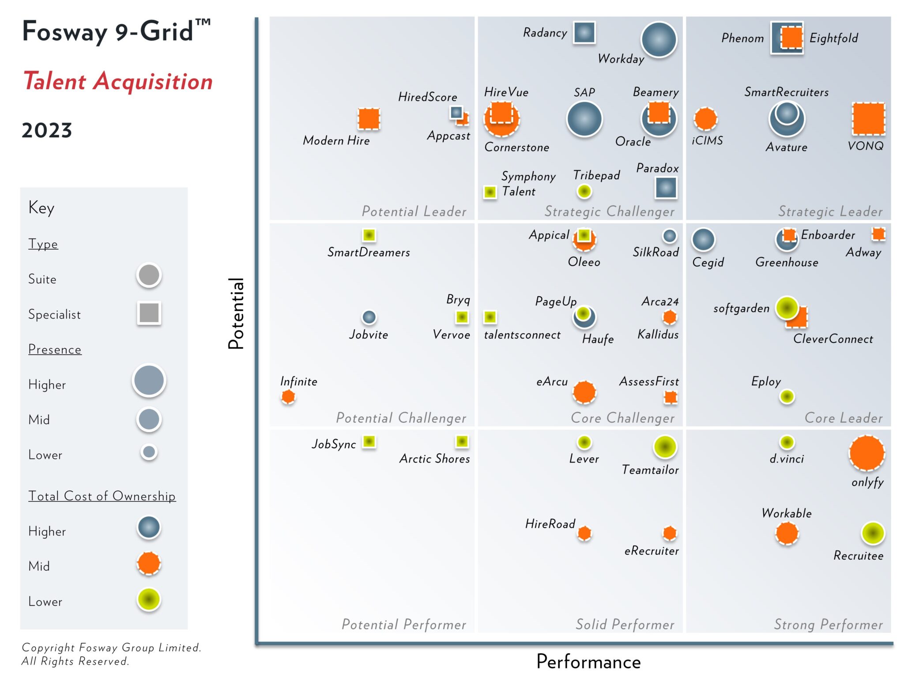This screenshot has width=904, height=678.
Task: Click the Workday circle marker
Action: (659, 40)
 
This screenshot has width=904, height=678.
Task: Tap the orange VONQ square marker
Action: (868, 118)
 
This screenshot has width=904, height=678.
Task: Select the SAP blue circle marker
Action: (584, 118)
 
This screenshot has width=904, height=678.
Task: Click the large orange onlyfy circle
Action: (866, 453)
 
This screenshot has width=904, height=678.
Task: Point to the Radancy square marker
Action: (584, 32)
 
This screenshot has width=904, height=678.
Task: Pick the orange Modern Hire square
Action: (369, 118)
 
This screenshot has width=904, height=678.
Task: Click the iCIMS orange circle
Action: (705, 118)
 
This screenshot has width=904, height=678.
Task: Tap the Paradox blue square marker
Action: (666, 188)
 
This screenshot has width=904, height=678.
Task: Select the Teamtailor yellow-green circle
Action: (665, 447)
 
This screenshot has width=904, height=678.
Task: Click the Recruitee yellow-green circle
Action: (873, 533)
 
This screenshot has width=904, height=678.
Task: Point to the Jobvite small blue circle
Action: (369, 317)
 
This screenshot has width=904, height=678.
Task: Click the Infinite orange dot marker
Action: (288, 396)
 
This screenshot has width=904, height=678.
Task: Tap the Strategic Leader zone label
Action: (830, 211)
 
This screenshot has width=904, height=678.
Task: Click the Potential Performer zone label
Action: (403, 624)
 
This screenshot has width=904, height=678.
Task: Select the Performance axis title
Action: (588, 662)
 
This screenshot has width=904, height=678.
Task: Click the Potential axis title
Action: (236, 313)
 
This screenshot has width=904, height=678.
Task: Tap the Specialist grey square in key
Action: (149, 313)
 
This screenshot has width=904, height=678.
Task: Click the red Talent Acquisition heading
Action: (118, 81)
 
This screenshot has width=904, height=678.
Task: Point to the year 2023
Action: (47, 131)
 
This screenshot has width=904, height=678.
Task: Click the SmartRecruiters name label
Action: (786, 92)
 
